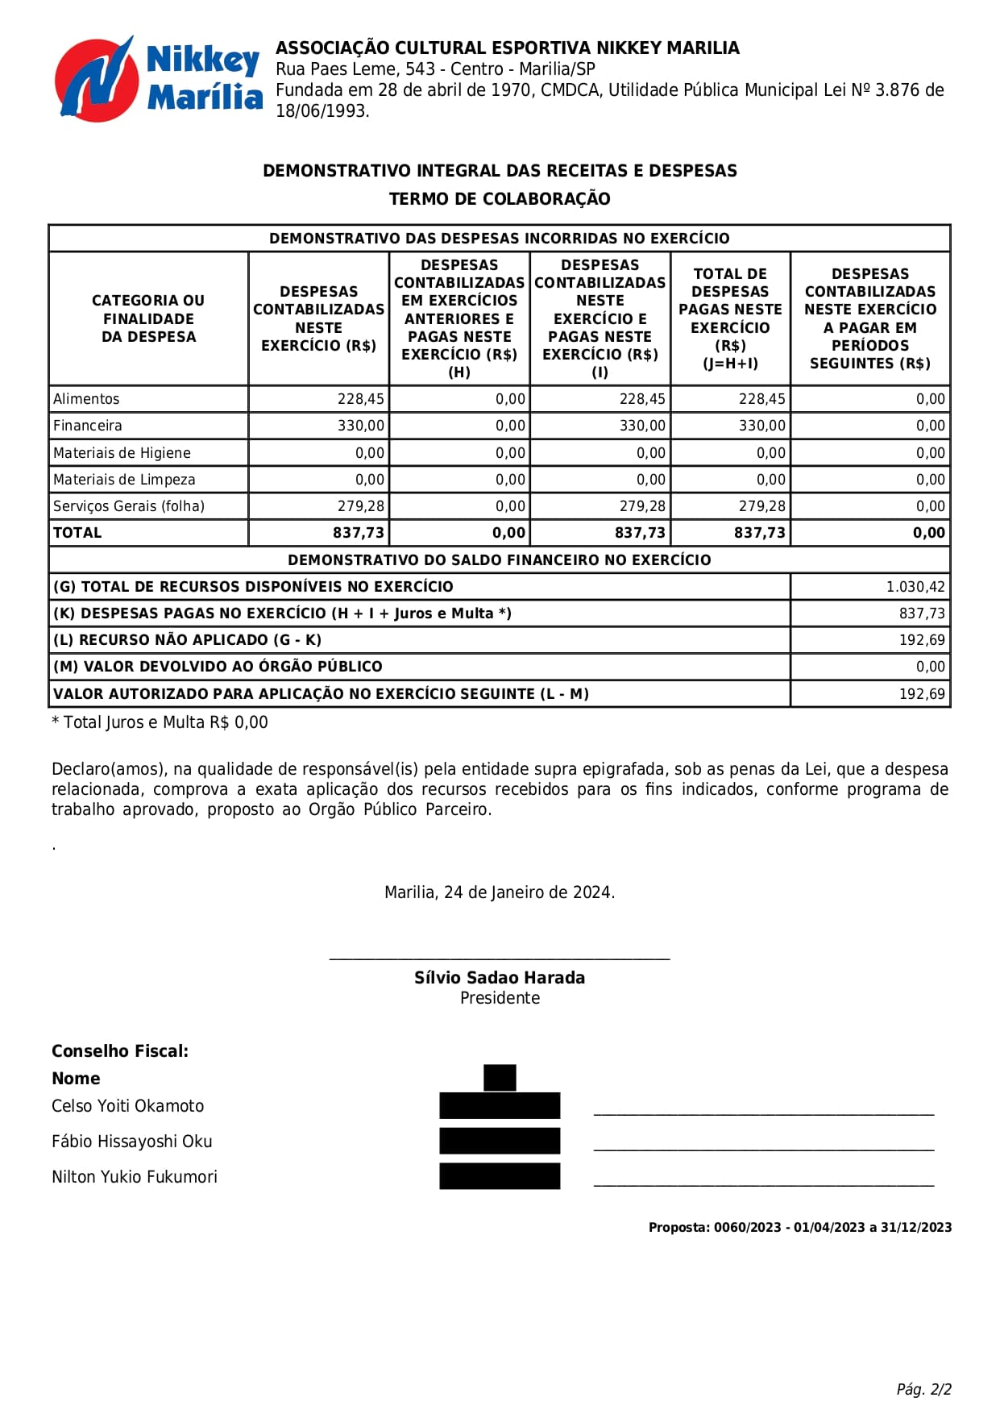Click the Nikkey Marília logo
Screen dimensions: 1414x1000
pos(158,79)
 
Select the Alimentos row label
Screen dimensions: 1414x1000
pos(86,399)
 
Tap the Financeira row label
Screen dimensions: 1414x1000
pos(88,426)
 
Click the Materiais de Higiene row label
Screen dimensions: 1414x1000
pos(122,453)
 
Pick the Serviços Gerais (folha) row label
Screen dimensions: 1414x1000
pos(129,506)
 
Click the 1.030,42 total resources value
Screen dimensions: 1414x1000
pos(915,587)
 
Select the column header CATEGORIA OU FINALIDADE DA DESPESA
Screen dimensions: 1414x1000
pos(148,318)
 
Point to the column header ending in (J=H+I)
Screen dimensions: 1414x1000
pos(730,318)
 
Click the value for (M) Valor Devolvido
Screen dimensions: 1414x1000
pos(930,667)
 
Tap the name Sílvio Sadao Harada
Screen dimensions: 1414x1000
pos(500,978)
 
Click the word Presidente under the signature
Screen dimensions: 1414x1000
pos(500,998)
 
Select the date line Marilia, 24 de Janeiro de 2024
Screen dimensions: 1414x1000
pos(500,892)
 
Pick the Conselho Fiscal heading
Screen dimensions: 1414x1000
pos(120,1051)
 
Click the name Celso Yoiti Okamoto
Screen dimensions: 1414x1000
pos(128,1106)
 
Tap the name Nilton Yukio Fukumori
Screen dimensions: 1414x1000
pos(135,1177)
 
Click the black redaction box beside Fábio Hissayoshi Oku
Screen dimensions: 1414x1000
pos(500,1141)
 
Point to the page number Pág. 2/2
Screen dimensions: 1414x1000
pos(923,1389)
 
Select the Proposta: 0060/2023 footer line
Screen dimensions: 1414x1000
pos(800,1228)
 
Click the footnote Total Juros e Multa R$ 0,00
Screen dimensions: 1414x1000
pos(160,722)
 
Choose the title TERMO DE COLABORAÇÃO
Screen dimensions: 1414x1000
pos(500,199)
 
